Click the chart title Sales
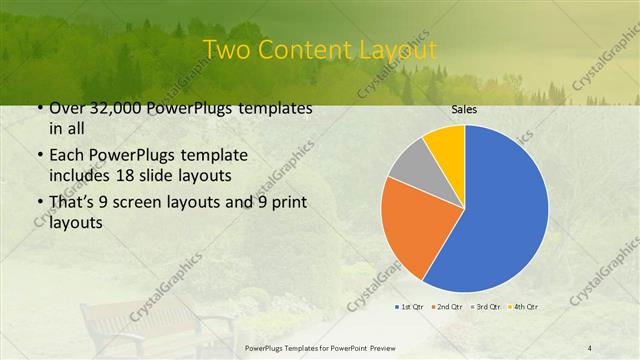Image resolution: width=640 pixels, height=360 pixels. point(464,109)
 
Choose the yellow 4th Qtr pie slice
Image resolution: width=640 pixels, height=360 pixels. point(446,145)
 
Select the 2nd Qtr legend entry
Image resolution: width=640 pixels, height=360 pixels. point(447,305)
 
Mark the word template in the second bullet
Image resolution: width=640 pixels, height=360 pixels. point(205,156)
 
